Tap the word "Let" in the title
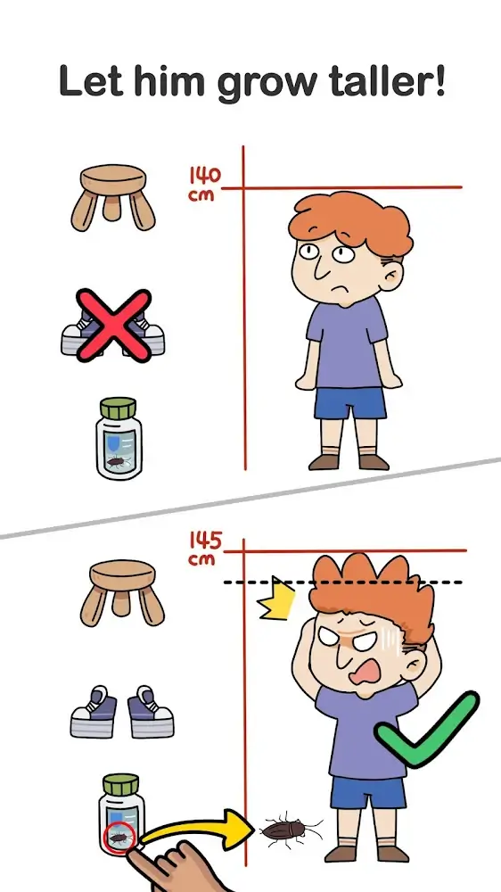click(91, 81)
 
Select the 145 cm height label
click(205, 549)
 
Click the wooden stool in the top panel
click(113, 196)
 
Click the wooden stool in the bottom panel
click(122, 591)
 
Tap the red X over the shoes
click(114, 326)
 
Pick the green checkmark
click(426, 730)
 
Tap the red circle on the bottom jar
click(119, 838)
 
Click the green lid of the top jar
click(119, 408)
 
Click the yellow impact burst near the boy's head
click(277, 599)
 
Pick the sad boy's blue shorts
click(350, 403)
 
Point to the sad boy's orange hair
click(349, 223)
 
